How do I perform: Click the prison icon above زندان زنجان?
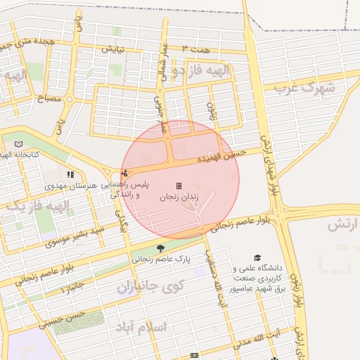(x=179, y=186)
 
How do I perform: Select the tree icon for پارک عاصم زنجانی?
(x=161, y=247)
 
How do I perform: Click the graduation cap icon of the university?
(x=257, y=257)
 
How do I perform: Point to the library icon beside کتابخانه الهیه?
(x=18, y=143)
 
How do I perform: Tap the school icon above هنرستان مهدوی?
(x=70, y=174)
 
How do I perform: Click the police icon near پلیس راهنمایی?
(x=125, y=172)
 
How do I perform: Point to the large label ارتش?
(x=343, y=225)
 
